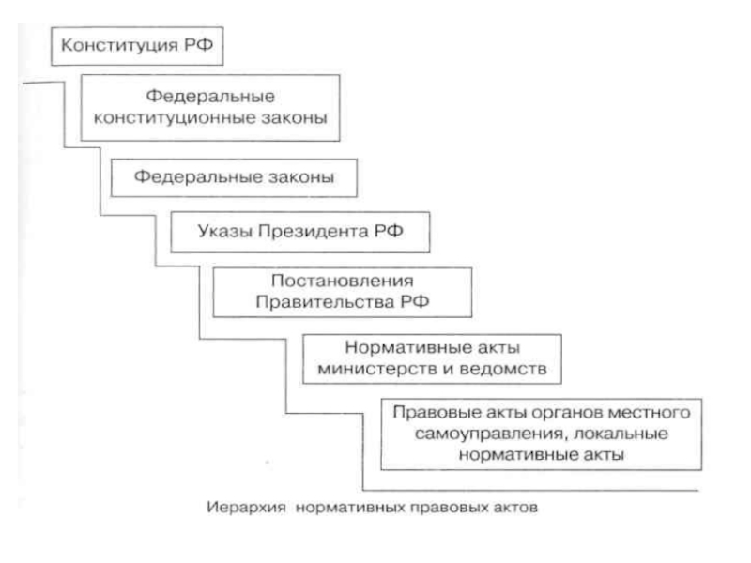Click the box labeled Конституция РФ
coord(138,45)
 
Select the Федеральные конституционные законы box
coord(209,107)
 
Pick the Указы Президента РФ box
coord(299,230)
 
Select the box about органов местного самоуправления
coord(543,433)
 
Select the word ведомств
coord(515,368)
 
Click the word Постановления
coord(342,281)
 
